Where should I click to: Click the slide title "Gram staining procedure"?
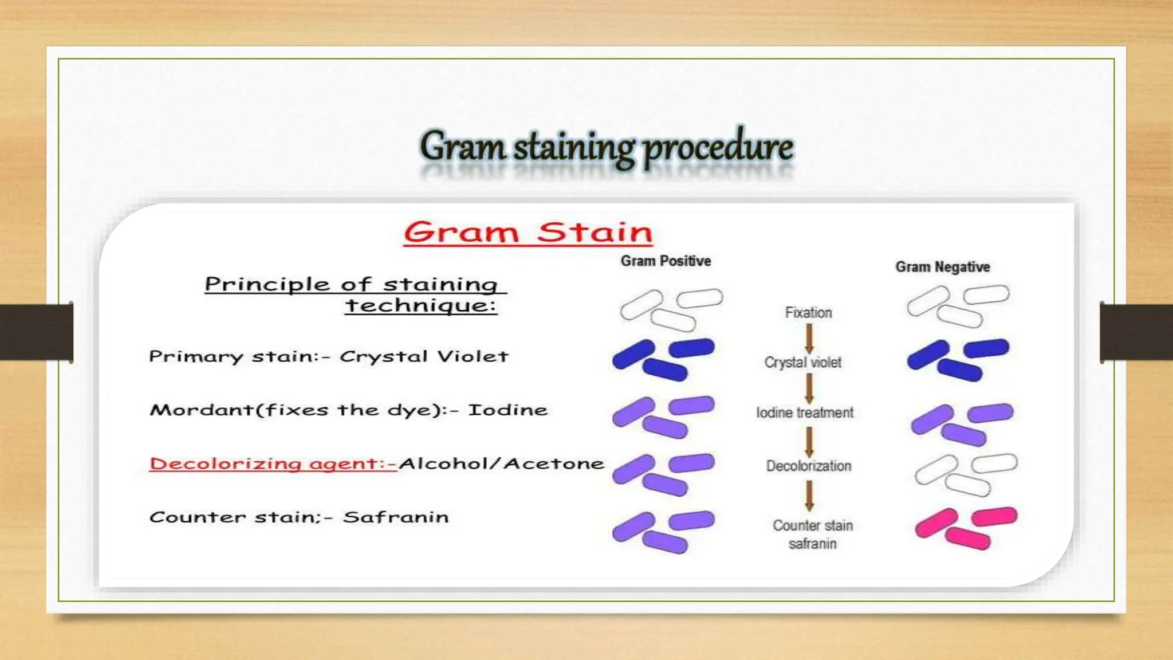tap(606, 147)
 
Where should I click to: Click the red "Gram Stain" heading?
tap(528, 233)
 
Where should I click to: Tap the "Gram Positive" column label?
tap(666, 261)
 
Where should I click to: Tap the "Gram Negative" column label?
tap(943, 267)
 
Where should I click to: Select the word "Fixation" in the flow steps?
tap(808, 313)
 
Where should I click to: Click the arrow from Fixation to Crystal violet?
tap(809, 338)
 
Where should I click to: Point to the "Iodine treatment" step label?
tap(805, 412)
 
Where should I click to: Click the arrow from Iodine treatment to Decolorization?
tap(809, 442)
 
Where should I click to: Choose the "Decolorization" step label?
tap(809, 466)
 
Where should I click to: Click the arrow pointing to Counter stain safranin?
tap(809, 495)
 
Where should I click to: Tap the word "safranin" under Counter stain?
tap(812, 544)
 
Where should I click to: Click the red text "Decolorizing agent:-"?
tap(273, 463)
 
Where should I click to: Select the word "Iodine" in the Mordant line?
tap(507, 410)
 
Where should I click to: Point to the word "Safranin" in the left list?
tap(396, 517)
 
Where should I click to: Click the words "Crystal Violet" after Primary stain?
tap(424, 356)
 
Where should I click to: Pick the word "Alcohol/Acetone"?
tap(502, 463)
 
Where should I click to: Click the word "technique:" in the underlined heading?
tap(421, 305)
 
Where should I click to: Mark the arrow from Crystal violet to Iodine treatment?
tap(809, 388)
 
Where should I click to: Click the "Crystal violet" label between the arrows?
tap(803, 363)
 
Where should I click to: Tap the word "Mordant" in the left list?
tap(201, 410)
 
